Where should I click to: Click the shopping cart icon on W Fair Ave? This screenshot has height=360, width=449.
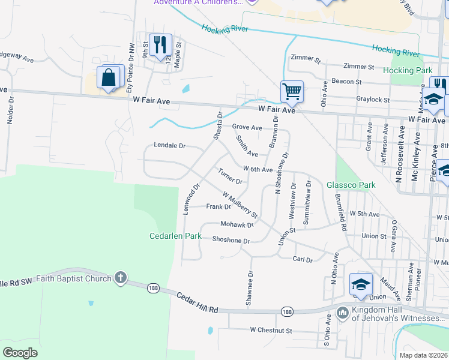[292, 92]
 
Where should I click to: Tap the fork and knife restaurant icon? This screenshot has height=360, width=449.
[160, 44]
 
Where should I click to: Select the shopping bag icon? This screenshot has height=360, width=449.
[109, 78]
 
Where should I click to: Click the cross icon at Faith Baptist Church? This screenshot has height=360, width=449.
[121, 278]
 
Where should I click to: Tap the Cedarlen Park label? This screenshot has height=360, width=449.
[175, 236]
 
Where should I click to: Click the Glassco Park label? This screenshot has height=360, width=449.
[351, 185]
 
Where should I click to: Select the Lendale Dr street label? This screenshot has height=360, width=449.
[170, 145]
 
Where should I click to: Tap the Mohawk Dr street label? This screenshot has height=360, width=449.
[237, 225]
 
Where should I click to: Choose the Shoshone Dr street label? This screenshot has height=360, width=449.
[231, 240]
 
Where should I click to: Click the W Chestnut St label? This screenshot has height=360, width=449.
[271, 330]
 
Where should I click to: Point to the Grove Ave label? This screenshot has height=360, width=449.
[247, 127]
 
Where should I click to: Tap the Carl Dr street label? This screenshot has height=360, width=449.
[303, 259]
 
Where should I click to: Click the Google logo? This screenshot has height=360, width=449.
[20, 352]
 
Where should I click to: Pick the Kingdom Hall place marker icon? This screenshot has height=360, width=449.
[342, 312]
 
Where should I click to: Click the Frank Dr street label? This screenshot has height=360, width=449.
[218, 206]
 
